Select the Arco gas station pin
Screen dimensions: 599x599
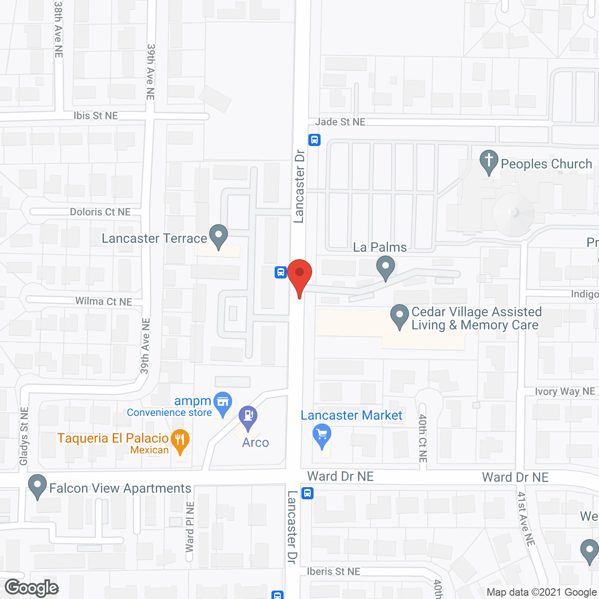point(248,416)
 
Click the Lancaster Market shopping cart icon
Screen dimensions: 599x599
point(322,436)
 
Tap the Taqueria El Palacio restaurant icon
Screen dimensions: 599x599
point(180,440)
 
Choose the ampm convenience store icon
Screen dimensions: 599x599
point(223,403)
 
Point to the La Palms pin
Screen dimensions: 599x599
point(386,269)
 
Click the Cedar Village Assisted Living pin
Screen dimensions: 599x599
point(400,315)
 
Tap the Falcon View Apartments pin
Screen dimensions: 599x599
point(37,486)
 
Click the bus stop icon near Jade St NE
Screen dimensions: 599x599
point(314,139)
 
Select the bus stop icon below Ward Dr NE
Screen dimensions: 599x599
point(307,493)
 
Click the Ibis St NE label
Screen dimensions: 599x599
point(95,116)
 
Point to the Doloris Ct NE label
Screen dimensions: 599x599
point(100,212)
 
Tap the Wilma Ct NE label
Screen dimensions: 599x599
point(104,301)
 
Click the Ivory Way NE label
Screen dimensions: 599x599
point(565,392)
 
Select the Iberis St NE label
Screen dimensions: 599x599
point(333,571)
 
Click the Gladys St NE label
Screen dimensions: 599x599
point(24,436)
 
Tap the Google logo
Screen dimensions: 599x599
point(32,588)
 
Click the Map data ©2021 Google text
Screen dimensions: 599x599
point(541,592)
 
